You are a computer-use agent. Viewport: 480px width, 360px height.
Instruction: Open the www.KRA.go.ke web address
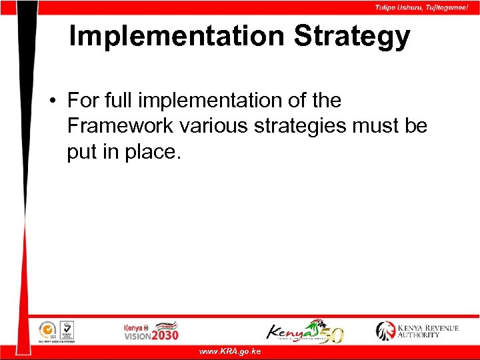pos(230,351)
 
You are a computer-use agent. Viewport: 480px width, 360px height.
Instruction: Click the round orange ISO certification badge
pos(47,329)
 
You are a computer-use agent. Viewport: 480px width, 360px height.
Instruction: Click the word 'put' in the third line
pos(82,152)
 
